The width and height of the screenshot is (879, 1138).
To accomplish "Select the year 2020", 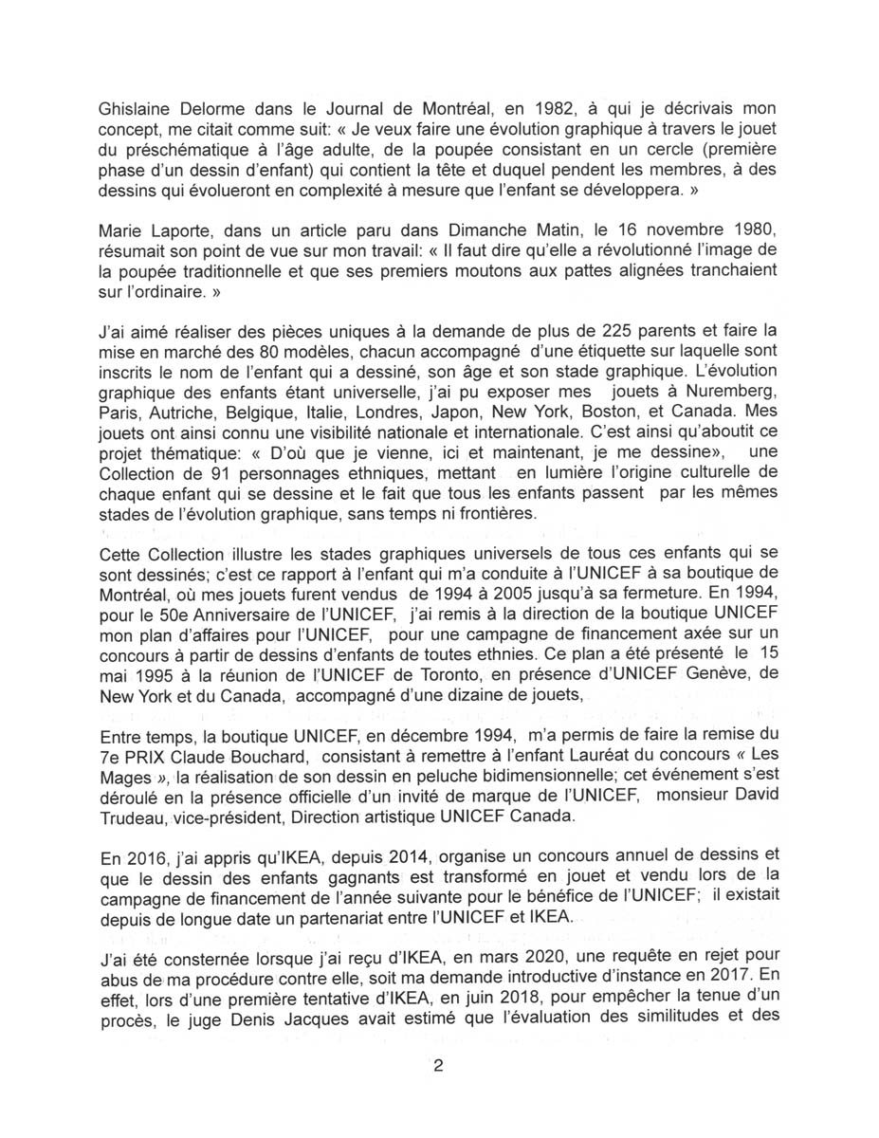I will click(521, 954).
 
